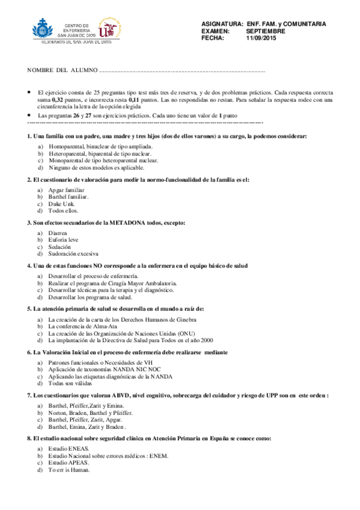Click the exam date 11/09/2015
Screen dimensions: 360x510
pyautogui.click(x=260, y=38)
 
